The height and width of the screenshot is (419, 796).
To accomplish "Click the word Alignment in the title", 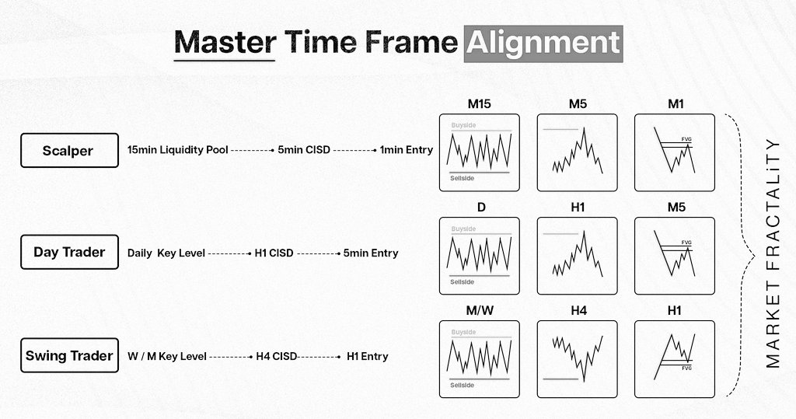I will click(543, 42).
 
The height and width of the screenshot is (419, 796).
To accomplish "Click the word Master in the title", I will click(225, 42).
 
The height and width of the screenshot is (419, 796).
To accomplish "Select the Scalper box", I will click(69, 151).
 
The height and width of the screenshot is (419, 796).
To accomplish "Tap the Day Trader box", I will click(69, 252).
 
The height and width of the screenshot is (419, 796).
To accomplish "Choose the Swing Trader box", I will click(69, 356).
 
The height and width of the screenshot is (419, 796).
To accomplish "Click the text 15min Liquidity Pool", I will click(178, 150).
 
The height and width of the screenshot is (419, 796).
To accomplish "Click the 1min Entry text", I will click(406, 150).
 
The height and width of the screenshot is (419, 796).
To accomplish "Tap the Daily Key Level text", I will click(166, 253).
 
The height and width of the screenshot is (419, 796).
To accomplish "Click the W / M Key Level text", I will click(167, 357).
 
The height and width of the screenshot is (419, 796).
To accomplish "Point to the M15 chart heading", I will click(479, 104).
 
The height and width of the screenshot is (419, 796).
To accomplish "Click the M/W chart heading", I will click(479, 311).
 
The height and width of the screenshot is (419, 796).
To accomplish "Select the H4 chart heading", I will click(578, 311).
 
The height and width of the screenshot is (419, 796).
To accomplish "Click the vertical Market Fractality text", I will click(772, 253).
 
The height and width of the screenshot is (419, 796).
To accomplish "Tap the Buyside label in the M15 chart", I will click(463, 124).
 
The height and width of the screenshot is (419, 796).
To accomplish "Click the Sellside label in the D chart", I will click(463, 282).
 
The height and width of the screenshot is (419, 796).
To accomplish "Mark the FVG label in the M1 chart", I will click(686, 139).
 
